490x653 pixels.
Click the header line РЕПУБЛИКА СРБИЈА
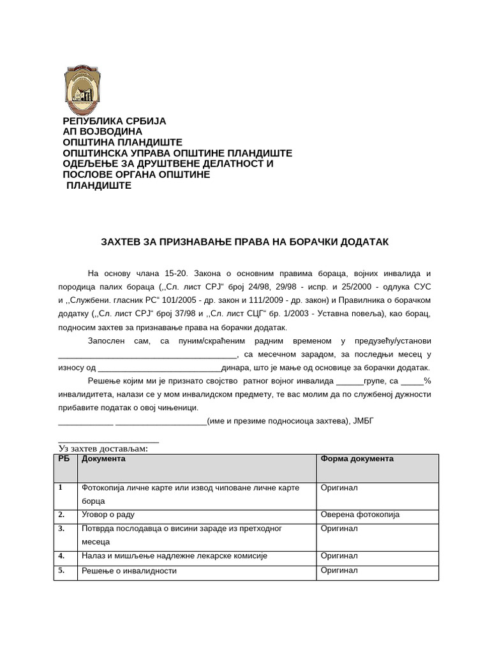pyautogui.click(x=114, y=121)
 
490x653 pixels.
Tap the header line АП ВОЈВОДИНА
pyautogui.click(x=102, y=132)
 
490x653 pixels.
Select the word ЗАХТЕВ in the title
pyautogui.click(x=124, y=242)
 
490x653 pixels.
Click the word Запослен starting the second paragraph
pyautogui.click(x=108, y=341)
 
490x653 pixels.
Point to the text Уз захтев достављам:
pyautogui.click(x=103, y=449)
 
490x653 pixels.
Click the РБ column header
pyautogui.click(x=63, y=459)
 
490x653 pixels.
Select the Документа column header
pyautogui.click(x=103, y=459)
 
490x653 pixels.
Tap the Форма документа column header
pyautogui.click(x=357, y=459)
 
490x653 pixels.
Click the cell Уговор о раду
pyautogui.click(x=108, y=515)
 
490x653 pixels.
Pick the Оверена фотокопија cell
pyautogui.click(x=360, y=515)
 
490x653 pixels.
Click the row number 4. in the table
pyautogui.click(x=61, y=556)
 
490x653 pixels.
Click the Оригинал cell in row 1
pyautogui.click(x=339, y=488)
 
